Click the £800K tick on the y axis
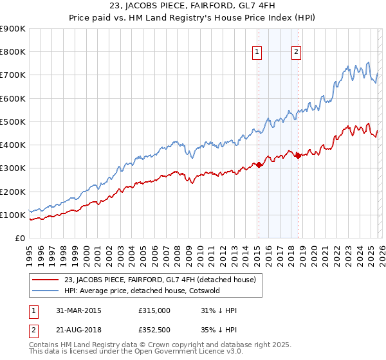coord(13,52)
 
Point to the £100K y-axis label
coord(13,215)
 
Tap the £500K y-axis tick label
coord(13,122)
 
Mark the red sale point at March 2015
coord(259,165)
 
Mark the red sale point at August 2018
coord(297,156)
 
